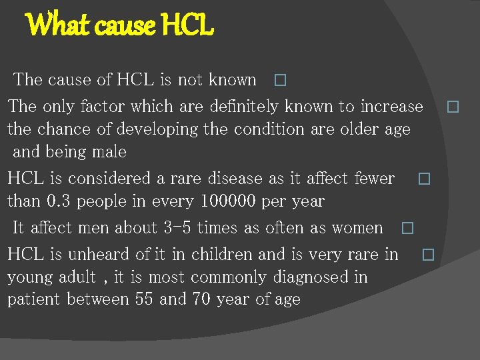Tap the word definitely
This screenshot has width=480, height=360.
point(245,106)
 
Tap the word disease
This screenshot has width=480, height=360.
point(232,178)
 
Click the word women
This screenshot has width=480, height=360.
point(357,227)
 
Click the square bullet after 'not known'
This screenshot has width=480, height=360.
point(279,81)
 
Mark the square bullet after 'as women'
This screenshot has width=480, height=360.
point(407,229)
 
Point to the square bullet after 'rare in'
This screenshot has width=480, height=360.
point(428,255)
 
